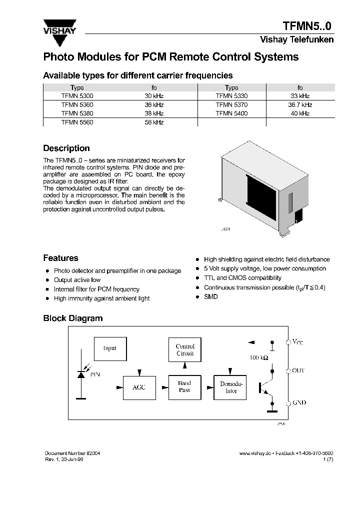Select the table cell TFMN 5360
point(77,105)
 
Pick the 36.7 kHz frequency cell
point(300,105)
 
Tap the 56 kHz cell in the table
point(154,122)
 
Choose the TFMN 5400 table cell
point(231,113)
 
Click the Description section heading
point(66,148)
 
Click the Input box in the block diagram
point(110,348)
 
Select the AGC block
point(139,387)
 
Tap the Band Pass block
point(184,387)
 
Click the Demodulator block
point(230,387)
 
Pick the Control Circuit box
point(185,349)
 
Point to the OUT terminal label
point(298,370)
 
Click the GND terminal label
point(299,402)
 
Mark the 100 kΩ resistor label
point(258,358)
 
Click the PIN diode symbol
point(80,374)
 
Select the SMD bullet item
point(211,296)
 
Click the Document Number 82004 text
point(72,453)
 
